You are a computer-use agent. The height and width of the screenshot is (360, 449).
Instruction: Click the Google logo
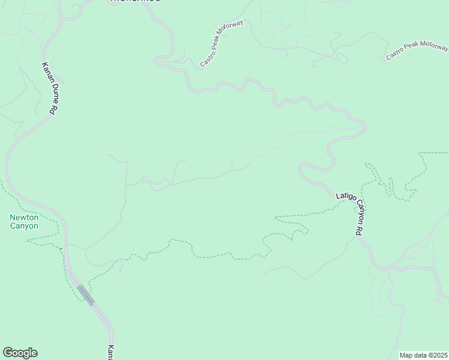click(x=20, y=353)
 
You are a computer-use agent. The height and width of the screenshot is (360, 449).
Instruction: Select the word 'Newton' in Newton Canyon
click(x=24, y=217)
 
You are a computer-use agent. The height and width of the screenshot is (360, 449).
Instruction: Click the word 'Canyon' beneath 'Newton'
click(x=24, y=226)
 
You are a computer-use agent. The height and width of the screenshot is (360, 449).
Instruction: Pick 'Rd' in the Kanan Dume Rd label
click(x=55, y=109)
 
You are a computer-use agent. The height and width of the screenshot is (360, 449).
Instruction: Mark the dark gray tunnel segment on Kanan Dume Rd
click(x=85, y=295)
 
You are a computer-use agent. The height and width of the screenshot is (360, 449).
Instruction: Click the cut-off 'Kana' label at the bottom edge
click(x=110, y=353)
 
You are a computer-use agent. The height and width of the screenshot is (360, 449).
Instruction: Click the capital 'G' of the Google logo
click(x=8, y=352)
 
